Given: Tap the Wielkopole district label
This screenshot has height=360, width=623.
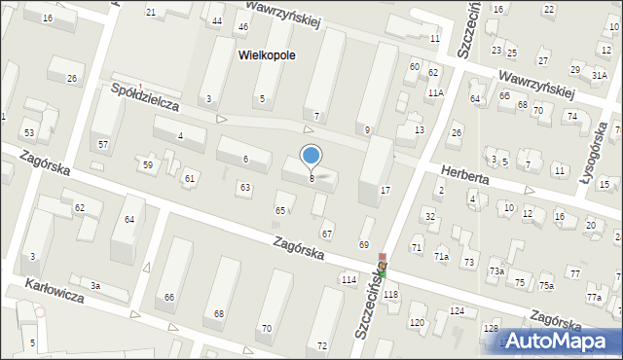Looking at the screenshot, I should (266, 56).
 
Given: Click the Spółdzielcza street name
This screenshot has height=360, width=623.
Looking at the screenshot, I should (145, 98).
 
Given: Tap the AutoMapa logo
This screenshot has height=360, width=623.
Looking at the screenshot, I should (561, 342).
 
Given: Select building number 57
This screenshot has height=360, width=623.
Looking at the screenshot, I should (103, 144).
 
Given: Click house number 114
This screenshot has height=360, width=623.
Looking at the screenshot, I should (348, 280).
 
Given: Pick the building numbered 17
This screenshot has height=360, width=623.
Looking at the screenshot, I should (385, 190).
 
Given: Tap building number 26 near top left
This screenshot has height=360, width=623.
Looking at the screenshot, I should (71, 78).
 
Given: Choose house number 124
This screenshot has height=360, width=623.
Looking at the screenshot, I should (456, 311).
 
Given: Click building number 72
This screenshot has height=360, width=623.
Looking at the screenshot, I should (322, 345).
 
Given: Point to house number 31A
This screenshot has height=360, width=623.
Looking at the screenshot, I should (599, 74).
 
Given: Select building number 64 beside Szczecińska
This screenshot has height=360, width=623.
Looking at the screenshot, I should (475, 99).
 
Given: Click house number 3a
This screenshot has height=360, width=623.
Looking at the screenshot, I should (94, 285).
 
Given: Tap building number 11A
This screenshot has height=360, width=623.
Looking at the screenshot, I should (435, 92).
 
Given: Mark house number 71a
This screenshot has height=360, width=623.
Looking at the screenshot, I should (441, 256).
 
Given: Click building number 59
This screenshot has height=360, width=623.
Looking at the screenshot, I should (148, 165).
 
